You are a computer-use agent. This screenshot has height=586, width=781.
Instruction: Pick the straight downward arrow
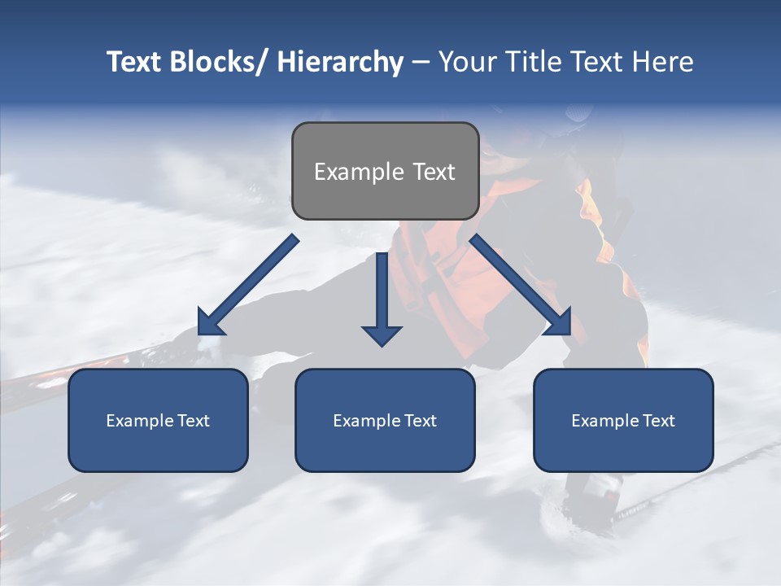click(x=382, y=297)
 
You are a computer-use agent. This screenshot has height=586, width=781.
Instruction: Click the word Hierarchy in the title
click(x=340, y=62)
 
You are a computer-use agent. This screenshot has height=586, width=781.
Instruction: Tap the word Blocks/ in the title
click(x=218, y=62)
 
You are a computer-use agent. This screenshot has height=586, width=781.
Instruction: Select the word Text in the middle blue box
click(x=419, y=421)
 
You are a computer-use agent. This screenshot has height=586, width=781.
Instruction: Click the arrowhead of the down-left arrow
click(x=209, y=324)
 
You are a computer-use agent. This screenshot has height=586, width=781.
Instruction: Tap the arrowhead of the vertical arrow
click(x=382, y=335)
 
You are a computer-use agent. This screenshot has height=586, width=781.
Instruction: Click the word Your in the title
click(x=468, y=62)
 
